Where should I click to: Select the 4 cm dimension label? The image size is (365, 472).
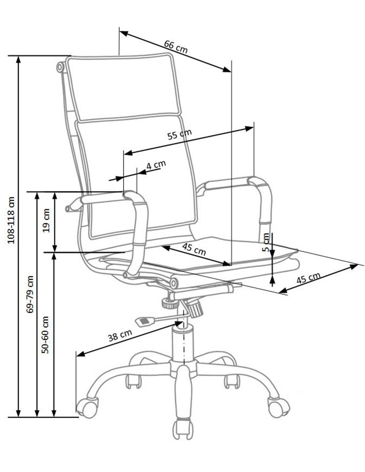tap(156, 165)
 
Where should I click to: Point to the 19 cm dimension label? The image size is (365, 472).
tap(46, 220)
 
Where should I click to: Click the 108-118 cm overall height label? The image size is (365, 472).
tap(11, 220)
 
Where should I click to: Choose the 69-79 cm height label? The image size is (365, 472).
tap(30, 294)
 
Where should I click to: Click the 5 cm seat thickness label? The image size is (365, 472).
tap(265, 242)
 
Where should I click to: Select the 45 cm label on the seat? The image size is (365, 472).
tap(194, 249)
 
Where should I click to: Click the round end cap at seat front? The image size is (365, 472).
tap(174, 282)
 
